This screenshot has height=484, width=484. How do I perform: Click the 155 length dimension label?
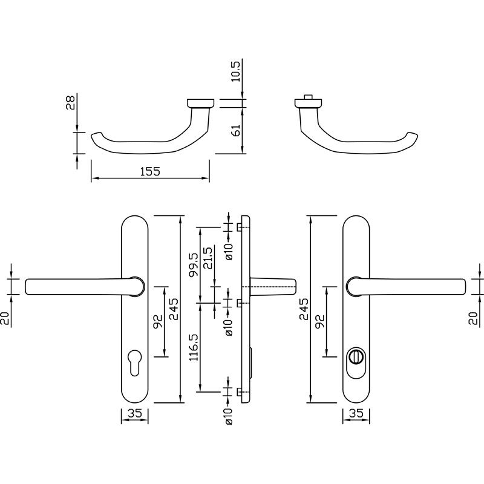pyautogui.click(x=150, y=171)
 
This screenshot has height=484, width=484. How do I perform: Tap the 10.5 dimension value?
pyautogui.click(x=235, y=71)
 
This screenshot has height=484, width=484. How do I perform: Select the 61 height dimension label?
pyautogui.click(x=235, y=131)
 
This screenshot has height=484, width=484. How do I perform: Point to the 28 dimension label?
pyautogui.click(x=70, y=103)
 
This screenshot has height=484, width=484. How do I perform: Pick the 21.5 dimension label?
pyautogui.click(x=208, y=258)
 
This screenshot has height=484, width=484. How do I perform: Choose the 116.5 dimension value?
pyautogui.click(x=194, y=347)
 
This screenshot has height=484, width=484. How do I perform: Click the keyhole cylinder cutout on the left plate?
pyautogui.click(x=134, y=362)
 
